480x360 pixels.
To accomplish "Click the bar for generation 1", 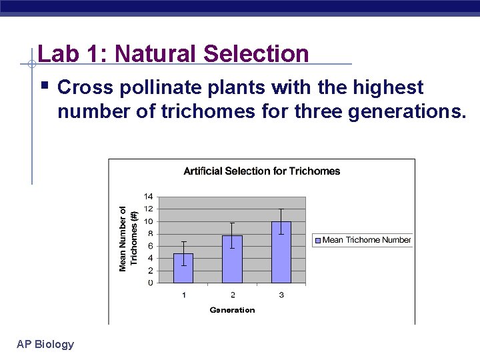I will [x=183, y=269].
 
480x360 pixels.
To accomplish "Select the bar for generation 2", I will [x=232, y=259].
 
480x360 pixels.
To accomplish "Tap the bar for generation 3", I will [x=281, y=253].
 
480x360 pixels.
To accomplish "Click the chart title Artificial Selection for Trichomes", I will [x=261, y=171].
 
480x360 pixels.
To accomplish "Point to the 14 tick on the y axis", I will [x=148, y=197].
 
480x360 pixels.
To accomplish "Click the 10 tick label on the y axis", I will [x=148, y=221].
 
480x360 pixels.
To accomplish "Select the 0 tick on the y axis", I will [x=150, y=283].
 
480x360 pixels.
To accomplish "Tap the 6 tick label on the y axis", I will [x=150, y=246].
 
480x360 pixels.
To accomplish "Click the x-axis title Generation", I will [x=232, y=310].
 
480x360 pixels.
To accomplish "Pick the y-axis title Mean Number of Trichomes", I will [x=129, y=238].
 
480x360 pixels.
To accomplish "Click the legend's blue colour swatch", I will [x=318, y=240].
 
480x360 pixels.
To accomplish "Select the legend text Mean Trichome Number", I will [x=367, y=240].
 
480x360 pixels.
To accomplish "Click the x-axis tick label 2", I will [x=232, y=295].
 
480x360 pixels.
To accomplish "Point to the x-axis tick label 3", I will [x=281, y=295].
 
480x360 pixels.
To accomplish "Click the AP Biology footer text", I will [x=45, y=344].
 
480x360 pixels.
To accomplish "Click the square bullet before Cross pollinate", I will [x=44, y=86].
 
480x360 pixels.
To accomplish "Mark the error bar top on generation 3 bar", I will [x=281, y=209].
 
